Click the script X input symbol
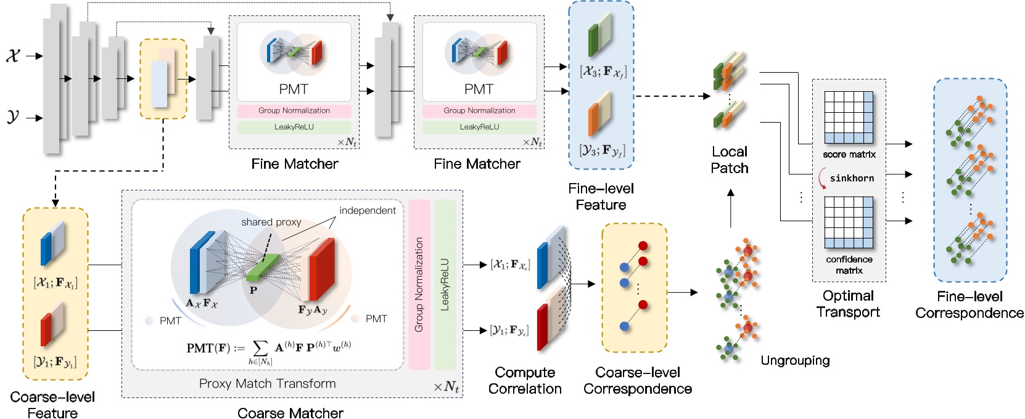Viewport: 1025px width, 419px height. (13, 55)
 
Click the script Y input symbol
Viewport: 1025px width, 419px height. (13, 116)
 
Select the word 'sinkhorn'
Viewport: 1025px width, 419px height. (852, 178)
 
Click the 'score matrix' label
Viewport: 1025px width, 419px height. (849, 155)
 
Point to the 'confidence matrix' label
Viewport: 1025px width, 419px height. (849, 265)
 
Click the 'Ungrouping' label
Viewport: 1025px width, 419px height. (794, 360)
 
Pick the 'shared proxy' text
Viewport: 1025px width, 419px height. (271, 222)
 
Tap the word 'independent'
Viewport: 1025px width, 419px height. (368, 210)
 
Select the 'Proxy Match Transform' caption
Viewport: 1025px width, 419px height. (267, 383)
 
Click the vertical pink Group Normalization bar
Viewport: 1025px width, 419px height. (419, 283)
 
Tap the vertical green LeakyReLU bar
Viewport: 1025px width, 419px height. (445, 283)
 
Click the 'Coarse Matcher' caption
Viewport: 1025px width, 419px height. (290, 412)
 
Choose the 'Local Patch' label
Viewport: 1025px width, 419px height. (729, 160)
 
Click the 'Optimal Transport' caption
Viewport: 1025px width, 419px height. (848, 304)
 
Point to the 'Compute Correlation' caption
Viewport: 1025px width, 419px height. (525, 380)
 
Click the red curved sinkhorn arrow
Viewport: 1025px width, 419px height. (821, 179)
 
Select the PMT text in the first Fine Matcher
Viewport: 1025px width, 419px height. (293, 89)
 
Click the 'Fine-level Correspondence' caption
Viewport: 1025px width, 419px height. (969, 304)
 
